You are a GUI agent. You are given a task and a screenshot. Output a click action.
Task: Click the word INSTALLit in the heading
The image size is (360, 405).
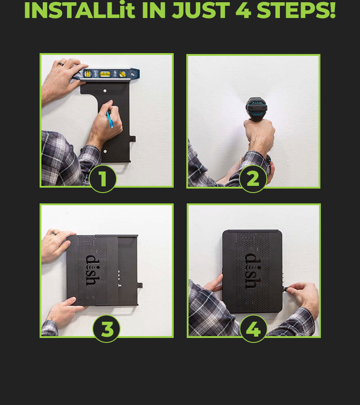79,10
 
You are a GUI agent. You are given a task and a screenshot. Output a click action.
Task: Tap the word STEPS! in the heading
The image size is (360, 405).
296,10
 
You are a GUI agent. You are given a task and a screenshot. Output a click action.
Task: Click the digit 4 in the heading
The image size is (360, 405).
243,10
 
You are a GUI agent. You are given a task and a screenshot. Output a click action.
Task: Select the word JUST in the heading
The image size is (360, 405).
201,10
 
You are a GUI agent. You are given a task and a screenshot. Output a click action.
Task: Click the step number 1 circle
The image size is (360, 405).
103,179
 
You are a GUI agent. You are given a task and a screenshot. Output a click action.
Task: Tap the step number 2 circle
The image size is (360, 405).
253,179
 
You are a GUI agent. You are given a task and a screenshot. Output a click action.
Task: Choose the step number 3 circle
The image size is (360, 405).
106,329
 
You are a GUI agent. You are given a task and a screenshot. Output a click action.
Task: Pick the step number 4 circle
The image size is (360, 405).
253,329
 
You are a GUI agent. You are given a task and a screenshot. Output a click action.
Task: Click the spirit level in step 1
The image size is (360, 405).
106,74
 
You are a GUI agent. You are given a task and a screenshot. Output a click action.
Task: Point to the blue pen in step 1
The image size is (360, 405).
110,120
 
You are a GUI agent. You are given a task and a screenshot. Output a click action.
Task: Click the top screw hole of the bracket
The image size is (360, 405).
105,90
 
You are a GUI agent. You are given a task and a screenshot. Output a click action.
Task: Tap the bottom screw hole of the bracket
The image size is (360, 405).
105,151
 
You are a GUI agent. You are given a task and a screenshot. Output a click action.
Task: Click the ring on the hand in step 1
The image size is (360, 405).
61,63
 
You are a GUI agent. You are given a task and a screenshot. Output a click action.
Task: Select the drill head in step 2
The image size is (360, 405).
256,108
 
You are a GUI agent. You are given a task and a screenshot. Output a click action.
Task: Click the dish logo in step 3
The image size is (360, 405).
92,270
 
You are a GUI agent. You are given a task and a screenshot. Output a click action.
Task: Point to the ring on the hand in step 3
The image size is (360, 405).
54,233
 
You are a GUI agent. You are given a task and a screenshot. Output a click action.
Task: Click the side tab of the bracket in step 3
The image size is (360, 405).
140,286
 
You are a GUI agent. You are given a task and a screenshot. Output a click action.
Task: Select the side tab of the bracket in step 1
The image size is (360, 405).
132,139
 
